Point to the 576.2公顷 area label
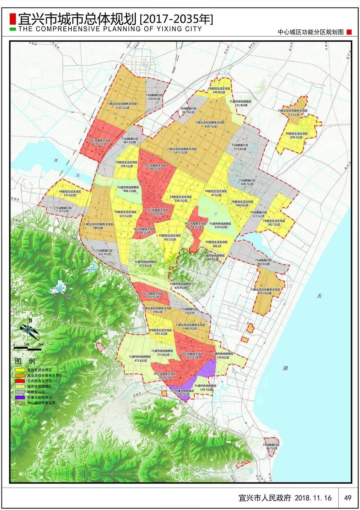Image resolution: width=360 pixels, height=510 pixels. coord(99,144)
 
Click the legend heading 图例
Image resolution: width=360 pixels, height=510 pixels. coord(25,361)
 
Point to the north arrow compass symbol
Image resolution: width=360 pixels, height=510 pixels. coord(30,328)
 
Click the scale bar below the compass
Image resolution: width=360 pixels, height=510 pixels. coord(27,349)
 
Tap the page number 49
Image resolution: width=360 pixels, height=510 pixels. coord(348,498)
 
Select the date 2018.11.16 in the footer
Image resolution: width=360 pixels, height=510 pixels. coord(313,498)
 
